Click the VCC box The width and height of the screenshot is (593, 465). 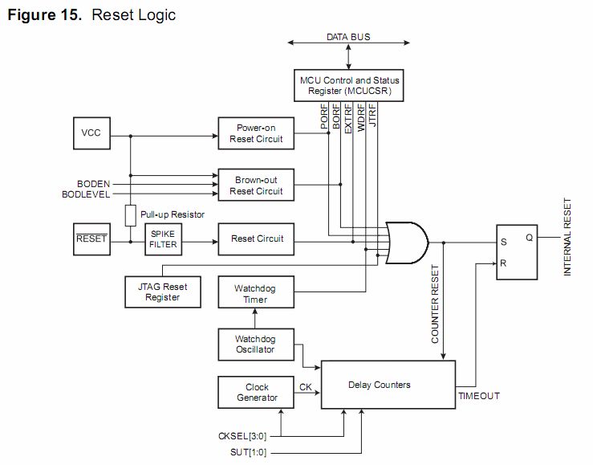pyautogui.click(x=91, y=133)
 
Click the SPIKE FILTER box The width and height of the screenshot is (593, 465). pyautogui.click(x=162, y=239)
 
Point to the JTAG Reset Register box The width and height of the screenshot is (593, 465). pyautogui.click(x=163, y=292)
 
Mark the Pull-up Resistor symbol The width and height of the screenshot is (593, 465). pyautogui.click(x=129, y=215)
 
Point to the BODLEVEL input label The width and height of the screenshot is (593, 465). pyautogui.click(x=86, y=194)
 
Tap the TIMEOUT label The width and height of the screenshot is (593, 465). pyautogui.click(x=479, y=396)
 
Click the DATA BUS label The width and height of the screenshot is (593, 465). pyautogui.click(x=348, y=37)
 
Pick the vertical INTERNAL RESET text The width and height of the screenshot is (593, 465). pyautogui.click(x=567, y=237)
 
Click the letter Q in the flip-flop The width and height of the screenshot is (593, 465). pyautogui.click(x=529, y=237)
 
